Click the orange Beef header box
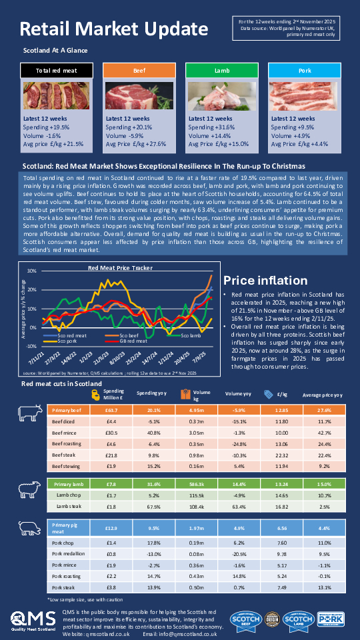coord(139,70)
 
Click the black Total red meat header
coord(56,70)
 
